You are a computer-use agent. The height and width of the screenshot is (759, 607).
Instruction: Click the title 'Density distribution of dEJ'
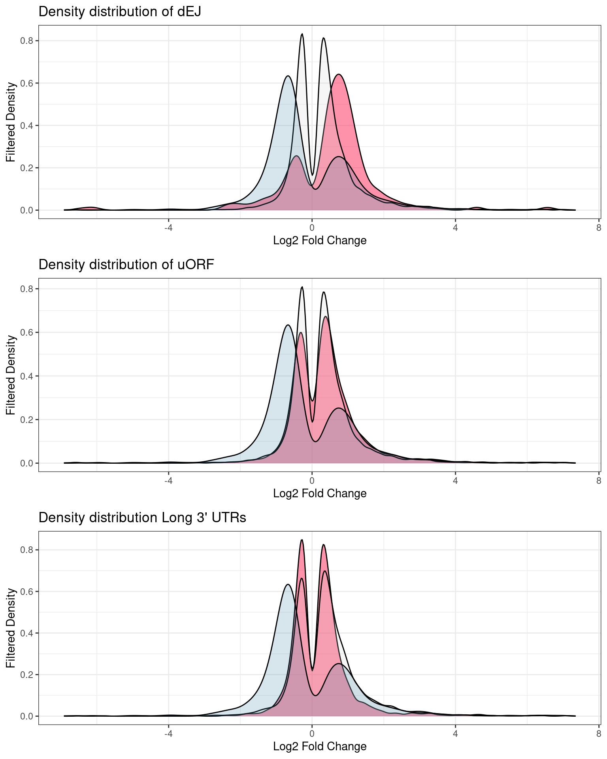(x=120, y=12)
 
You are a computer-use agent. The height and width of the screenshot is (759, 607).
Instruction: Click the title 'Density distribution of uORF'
(x=126, y=264)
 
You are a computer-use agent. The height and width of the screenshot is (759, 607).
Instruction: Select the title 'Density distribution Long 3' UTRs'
(x=142, y=517)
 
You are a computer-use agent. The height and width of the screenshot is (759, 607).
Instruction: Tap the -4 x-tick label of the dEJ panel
(x=168, y=228)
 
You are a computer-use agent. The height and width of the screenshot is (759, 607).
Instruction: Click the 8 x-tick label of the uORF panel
(x=599, y=481)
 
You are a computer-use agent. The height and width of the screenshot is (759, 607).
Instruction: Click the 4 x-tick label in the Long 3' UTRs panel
(x=455, y=734)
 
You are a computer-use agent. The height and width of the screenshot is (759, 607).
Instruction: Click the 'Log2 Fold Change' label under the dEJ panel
(x=320, y=240)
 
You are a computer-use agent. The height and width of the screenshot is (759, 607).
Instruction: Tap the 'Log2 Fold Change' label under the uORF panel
(x=320, y=493)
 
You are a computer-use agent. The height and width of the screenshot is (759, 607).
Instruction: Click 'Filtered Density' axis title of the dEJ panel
(x=11, y=122)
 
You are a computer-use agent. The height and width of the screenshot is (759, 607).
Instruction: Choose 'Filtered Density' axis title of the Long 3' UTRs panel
(x=11, y=628)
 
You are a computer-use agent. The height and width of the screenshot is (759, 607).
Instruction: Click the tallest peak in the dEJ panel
(x=302, y=34)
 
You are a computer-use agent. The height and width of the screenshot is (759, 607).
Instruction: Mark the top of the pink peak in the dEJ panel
(x=339, y=75)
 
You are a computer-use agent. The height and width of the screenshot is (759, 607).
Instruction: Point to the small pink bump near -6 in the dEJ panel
(x=90, y=208)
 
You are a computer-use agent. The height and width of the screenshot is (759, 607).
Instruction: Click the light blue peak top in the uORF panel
(x=288, y=325)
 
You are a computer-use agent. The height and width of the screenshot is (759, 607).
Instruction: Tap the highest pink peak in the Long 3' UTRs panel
(x=302, y=540)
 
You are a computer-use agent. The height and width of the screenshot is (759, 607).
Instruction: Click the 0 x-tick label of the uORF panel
(x=312, y=481)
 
